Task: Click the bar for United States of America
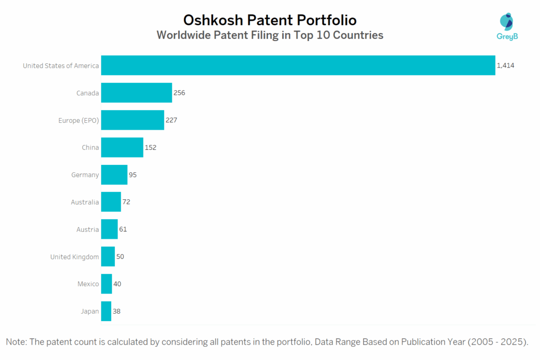pyautogui.click(x=298, y=65)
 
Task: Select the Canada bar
pyautogui.click(x=137, y=93)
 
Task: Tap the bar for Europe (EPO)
pyautogui.click(x=132, y=120)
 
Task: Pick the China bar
pyautogui.click(x=122, y=148)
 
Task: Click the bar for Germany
pyautogui.click(x=114, y=174)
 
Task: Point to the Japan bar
pyautogui.click(x=106, y=311)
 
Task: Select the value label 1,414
pyautogui.click(x=505, y=65)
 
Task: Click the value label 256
pyautogui.click(x=179, y=93)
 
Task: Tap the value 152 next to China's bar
pyautogui.click(x=150, y=148)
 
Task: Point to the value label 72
pyautogui.click(x=127, y=202)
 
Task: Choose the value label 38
pyautogui.click(x=117, y=311)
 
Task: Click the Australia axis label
pyautogui.click(x=85, y=202)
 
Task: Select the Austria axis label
pyautogui.click(x=88, y=229)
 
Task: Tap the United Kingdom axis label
pyautogui.click(x=74, y=257)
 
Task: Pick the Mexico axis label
pyautogui.click(x=88, y=284)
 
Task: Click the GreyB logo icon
pyautogui.click(x=506, y=22)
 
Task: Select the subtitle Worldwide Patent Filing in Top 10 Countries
pyautogui.click(x=270, y=36)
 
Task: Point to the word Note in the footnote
pyautogui.click(x=16, y=342)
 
